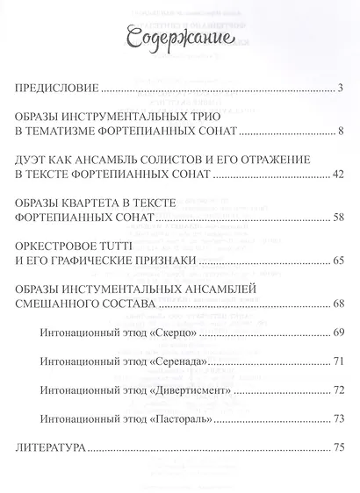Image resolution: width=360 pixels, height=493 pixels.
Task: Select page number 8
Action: click(x=339, y=132)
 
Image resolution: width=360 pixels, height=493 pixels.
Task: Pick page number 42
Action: click(x=335, y=175)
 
